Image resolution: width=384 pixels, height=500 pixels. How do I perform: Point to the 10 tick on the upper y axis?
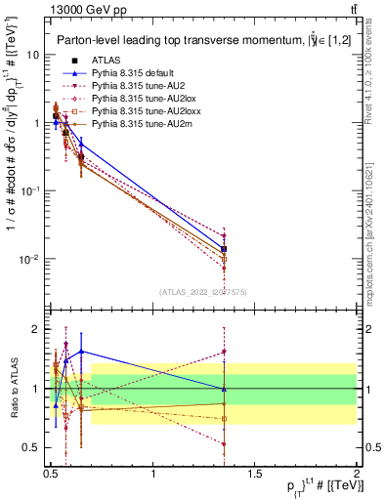(x=31, y=55)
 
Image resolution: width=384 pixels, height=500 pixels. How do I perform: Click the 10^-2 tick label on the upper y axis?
(x=28, y=259)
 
